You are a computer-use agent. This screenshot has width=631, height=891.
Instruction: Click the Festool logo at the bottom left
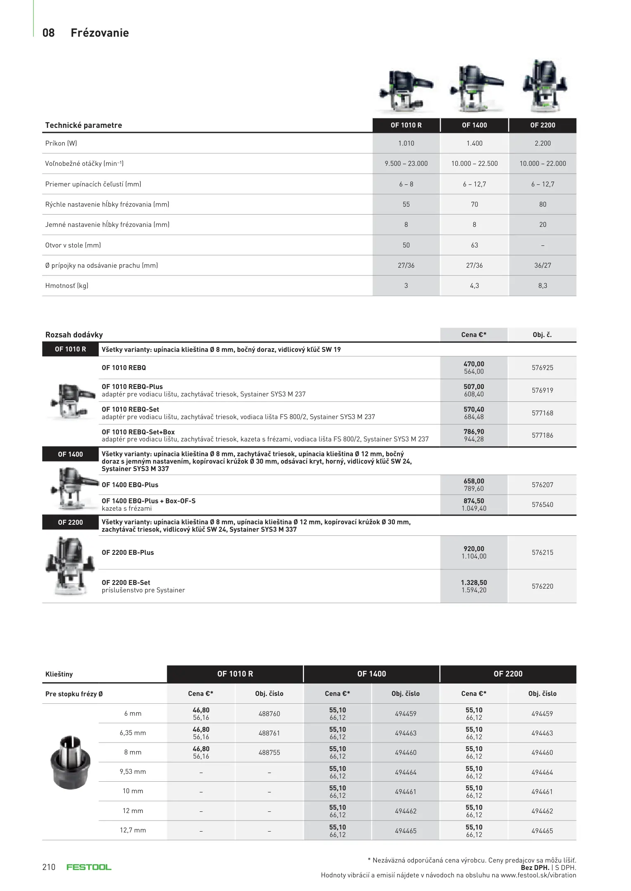pyautogui.click(x=89, y=867)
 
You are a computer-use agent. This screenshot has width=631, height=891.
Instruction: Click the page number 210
pyautogui.click(x=49, y=867)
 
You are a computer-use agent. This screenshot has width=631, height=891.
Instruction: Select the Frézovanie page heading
pyautogui.click(x=99, y=33)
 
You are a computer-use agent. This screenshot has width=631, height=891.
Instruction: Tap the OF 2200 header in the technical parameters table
pyautogui.click(x=542, y=125)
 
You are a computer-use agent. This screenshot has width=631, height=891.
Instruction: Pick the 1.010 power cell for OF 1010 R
pyautogui.click(x=406, y=144)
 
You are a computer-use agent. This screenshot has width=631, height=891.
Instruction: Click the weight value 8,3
pyautogui.click(x=542, y=286)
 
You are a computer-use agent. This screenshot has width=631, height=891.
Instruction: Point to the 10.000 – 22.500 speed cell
pyautogui.click(x=474, y=164)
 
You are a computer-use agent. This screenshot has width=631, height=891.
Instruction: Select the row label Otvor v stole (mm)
pyautogui.click(x=73, y=245)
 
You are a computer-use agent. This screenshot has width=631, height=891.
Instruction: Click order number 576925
pyautogui.click(x=542, y=368)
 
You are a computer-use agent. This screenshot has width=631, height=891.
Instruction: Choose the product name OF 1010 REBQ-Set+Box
pyautogui.click(x=138, y=432)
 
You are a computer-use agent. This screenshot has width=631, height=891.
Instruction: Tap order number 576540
pyautogui.click(x=542, y=505)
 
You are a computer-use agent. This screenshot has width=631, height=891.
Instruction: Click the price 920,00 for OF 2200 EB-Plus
pyautogui.click(x=474, y=549)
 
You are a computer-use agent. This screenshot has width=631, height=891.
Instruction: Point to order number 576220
pyautogui.click(x=542, y=587)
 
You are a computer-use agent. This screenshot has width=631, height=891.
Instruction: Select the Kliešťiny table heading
pyautogui.click(x=59, y=674)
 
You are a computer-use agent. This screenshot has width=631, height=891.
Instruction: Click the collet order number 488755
pyautogui.click(x=269, y=753)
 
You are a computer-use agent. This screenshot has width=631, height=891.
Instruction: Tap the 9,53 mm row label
pyautogui.click(x=132, y=772)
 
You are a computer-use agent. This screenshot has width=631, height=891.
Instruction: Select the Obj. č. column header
pyautogui.click(x=542, y=335)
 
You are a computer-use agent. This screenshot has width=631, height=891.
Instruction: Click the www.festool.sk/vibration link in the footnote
pyautogui.click(x=538, y=875)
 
